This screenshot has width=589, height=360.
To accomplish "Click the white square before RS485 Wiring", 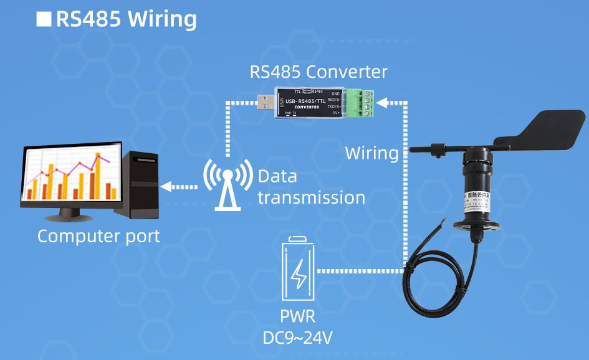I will pyautogui.click(x=44, y=19).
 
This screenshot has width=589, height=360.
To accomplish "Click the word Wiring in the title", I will pyautogui.click(x=161, y=19).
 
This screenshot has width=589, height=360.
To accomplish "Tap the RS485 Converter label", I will pyautogui.click(x=318, y=72).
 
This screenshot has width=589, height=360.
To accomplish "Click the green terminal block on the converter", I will pyautogui.click(x=363, y=103).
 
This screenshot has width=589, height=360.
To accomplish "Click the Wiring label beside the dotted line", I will pyautogui.click(x=371, y=153).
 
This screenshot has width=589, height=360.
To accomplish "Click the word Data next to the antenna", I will pyautogui.click(x=277, y=176).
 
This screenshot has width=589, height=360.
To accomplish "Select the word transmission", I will pyautogui.click(x=311, y=197).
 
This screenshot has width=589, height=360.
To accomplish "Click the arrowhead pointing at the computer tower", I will pyautogui.click(x=165, y=186).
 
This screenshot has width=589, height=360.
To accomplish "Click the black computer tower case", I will pyautogui.click(x=141, y=184).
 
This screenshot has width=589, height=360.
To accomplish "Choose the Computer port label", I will pyautogui.click(x=98, y=237).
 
